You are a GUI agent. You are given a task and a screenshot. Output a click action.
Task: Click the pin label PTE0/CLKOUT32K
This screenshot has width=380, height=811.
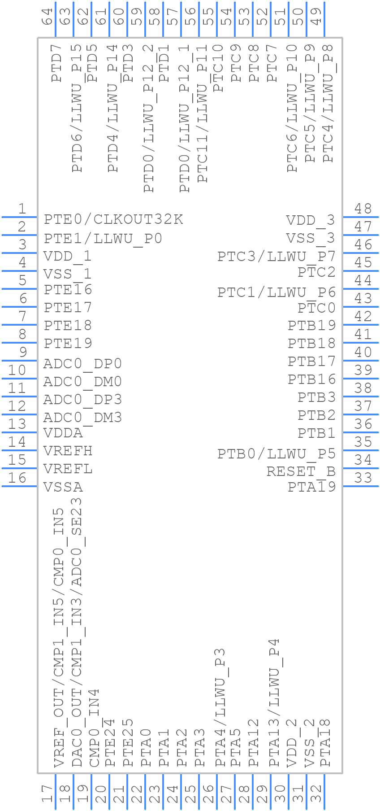(x=113, y=219)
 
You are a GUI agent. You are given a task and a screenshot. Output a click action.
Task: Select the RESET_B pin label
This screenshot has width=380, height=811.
(x=301, y=471)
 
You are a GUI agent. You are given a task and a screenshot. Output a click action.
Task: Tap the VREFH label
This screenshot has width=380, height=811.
(x=68, y=450)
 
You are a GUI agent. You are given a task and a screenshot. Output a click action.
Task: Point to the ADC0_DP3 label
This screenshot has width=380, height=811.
(x=82, y=399)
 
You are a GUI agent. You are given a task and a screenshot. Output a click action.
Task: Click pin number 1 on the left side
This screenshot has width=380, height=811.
(x=22, y=209)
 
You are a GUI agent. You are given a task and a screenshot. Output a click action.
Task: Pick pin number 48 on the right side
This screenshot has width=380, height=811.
(x=363, y=209)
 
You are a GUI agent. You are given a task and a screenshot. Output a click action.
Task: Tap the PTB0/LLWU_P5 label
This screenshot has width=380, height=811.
(x=276, y=453)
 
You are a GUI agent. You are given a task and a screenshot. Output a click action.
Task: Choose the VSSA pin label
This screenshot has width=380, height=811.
(x=63, y=487)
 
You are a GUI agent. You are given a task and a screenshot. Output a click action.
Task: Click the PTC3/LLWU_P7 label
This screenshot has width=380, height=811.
(x=276, y=257)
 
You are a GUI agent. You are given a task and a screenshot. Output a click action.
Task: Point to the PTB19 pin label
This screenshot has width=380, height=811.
(x=311, y=325)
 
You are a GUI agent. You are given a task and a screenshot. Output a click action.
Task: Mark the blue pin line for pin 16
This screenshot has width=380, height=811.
(x=19, y=486)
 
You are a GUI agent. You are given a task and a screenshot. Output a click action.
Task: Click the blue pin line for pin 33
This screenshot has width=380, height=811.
(x=361, y=486)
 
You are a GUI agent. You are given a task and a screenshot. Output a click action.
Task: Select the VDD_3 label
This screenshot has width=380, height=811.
(x=310, y=220)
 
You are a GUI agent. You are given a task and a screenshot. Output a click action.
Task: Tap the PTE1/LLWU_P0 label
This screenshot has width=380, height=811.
(x=103, y=238)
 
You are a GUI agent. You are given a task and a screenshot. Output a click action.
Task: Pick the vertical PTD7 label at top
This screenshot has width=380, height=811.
(x=56, y=67)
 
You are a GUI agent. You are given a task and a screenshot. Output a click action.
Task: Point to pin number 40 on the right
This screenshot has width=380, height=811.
(x=363, y=352)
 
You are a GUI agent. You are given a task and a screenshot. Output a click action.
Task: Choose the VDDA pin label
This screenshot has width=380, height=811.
(x=63, y=433)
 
